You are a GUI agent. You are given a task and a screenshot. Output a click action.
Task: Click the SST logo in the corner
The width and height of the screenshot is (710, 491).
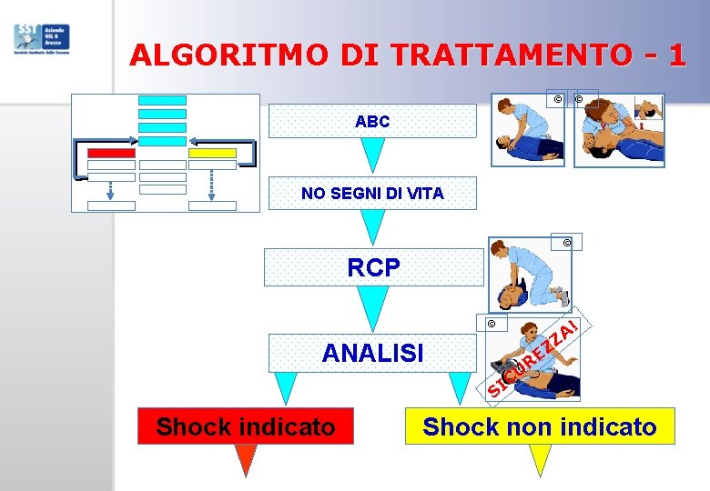tap(42, 39)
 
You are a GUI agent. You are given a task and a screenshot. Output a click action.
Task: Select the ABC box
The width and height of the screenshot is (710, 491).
tap(371, 121)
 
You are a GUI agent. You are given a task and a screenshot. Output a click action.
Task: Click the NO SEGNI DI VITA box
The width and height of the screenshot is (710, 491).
tap(371, 193)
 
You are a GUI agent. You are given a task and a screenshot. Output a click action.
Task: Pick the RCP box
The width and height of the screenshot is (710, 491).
tap(373, 267)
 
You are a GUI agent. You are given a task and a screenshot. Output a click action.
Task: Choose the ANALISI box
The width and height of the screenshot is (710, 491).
tap(373, 352)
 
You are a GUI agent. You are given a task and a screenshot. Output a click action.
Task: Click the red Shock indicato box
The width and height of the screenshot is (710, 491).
tap(245, 426)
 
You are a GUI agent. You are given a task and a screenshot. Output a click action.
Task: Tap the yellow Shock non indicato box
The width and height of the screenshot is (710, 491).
tap(540, 426)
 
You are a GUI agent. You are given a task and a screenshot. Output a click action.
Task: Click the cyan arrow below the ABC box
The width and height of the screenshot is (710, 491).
tap(371, 155)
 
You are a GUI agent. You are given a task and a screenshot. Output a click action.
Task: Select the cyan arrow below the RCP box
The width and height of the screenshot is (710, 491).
tap(373, 307)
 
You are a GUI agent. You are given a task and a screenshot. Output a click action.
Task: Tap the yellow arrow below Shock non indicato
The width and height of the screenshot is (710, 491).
tap(541, 460)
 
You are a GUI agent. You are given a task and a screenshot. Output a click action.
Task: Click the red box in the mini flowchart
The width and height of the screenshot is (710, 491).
tap(111, 153)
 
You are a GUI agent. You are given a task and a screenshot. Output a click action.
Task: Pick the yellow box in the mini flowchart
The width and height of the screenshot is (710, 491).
tap(212, 153)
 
